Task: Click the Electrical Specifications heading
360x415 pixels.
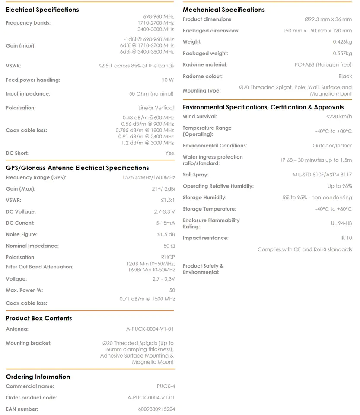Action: (42, 10)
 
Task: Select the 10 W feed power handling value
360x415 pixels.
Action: (168, 80)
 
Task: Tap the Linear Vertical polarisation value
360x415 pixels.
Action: (156, 108)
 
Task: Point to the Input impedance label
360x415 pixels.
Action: (28, 94)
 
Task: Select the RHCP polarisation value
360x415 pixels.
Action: (168, 257)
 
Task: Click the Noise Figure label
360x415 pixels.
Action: (22, 235)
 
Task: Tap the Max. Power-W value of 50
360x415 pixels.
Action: (172, 290)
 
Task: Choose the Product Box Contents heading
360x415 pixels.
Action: (39, 318)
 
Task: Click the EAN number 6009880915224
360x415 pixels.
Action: (156, 409)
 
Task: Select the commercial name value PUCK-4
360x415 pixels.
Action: (166, 386)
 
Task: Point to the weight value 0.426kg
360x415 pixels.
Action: (342, 42)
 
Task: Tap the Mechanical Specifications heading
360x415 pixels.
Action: (223, 10)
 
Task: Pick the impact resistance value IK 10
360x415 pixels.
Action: (346, 238)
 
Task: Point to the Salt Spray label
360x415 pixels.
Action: (195, 175)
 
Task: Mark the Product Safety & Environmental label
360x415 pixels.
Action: (203, 269)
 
